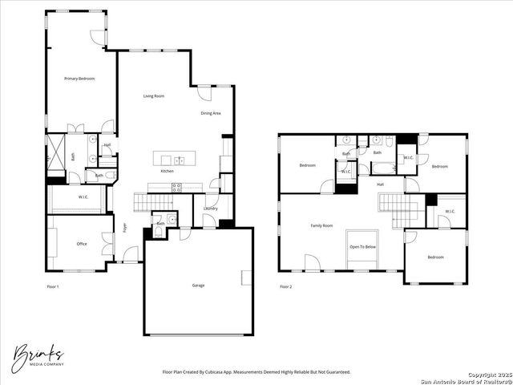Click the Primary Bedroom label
click(80, 79)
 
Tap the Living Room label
click(154, 96)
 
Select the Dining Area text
click(211, 113)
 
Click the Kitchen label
click(167, 171)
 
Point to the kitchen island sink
click(180, 160)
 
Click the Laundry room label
click(211, 209)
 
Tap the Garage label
click(198, 285)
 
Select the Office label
click(82, 244)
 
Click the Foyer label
click(125, 227)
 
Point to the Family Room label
click(321, 226)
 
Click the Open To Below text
click(363, 246)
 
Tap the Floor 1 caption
click(53, 286)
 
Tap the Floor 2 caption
click(286, 286)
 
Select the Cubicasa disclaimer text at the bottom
click(256, 372)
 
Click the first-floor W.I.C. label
click(83, 197)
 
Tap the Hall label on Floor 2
click(380, 184)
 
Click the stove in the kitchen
click(176, 187)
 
